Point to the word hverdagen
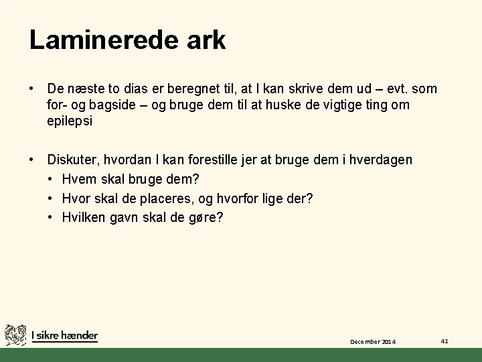pyautogui.click(x=382, y=160)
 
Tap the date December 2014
pyautogui.click(x=373, y=342)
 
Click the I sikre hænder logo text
pyautogui.click(x=64, y=335)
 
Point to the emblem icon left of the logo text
pyautogui.click(x=15, y=335)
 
